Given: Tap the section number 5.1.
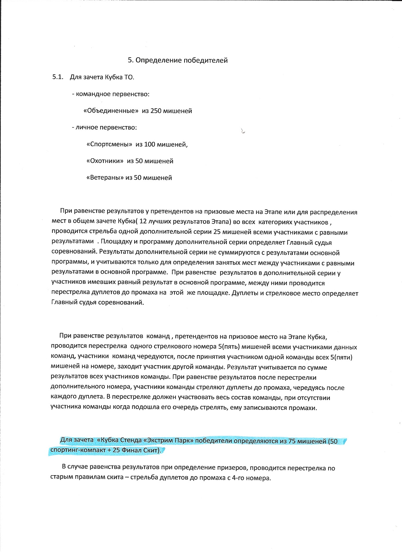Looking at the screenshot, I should [58, 77].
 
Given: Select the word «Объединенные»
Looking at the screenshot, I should [111, 111].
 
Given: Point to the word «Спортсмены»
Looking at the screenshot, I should [109, 145].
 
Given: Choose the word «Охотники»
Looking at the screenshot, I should [105, 161].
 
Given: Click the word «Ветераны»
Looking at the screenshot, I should [104, 178].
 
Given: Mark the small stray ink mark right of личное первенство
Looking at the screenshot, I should [243, 131].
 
